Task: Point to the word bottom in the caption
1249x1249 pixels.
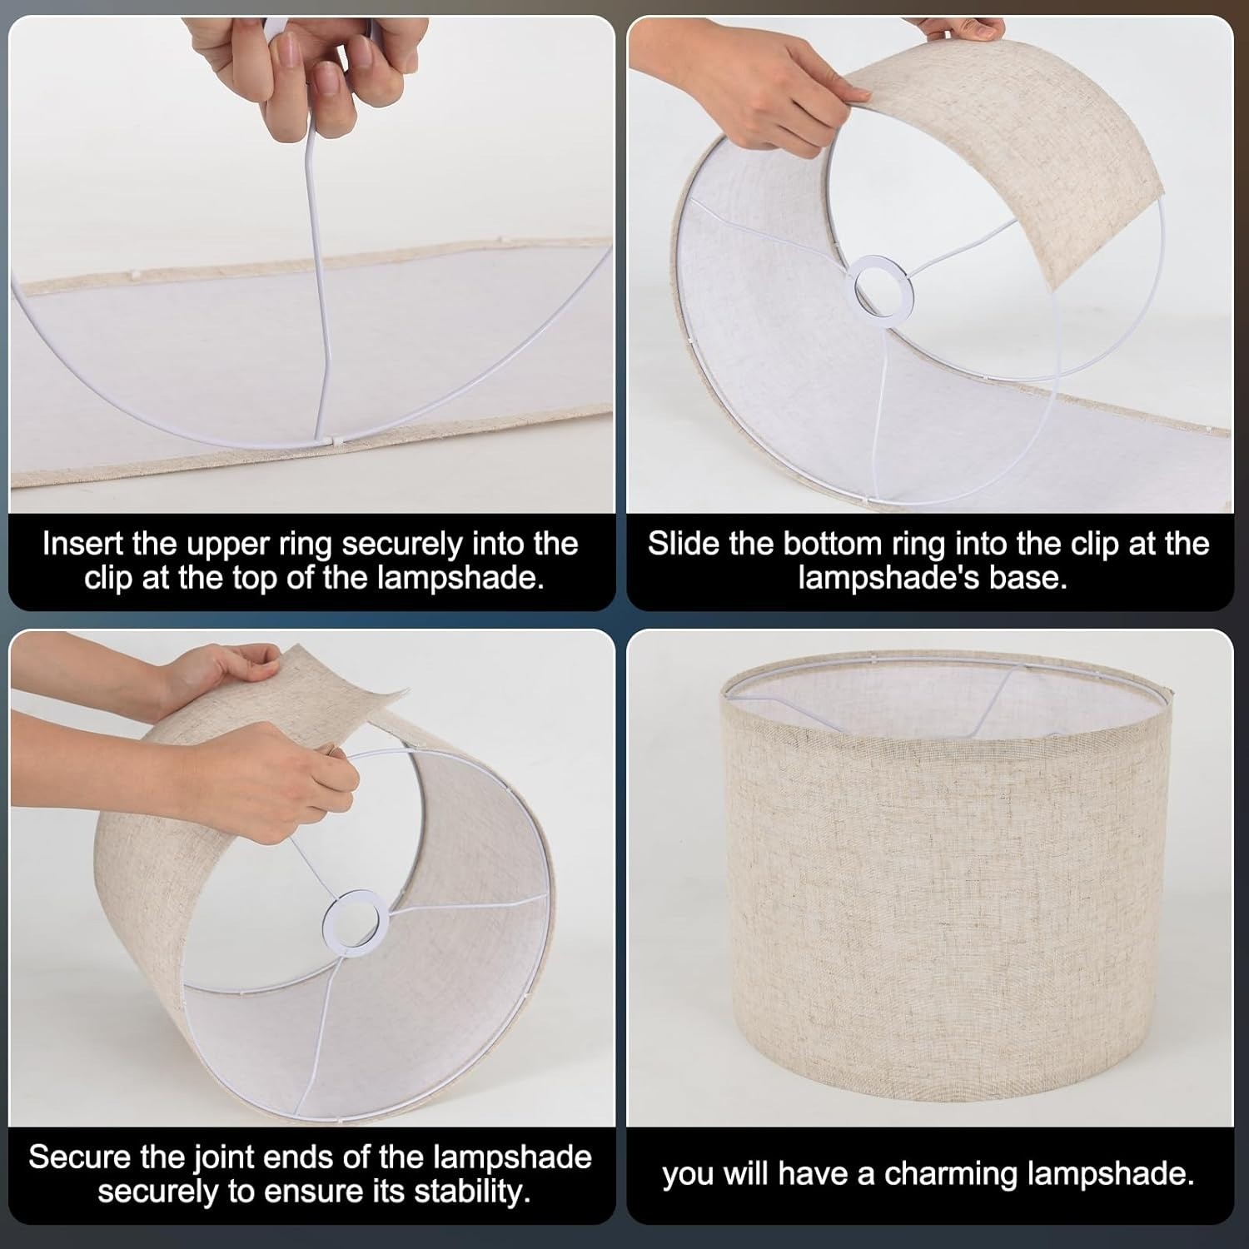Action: coord(833,544)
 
